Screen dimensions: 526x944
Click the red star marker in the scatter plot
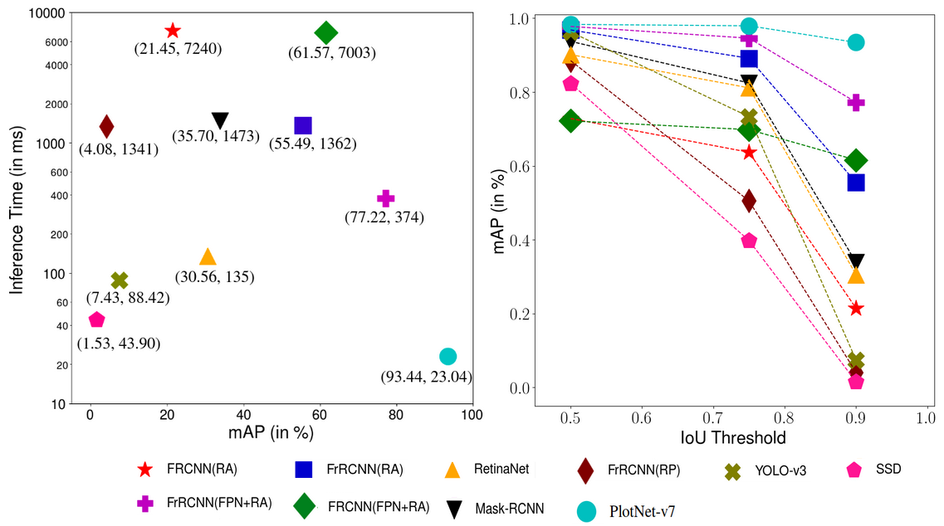(172, 31)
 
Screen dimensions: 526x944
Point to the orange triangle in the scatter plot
(208, 257)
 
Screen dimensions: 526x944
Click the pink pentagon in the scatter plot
(96, 319)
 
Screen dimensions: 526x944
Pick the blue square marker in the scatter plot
(303, 125)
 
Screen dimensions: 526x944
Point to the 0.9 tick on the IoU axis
(855, 418)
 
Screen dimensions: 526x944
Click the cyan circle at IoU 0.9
(856, 42)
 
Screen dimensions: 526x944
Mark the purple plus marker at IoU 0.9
(856, 103)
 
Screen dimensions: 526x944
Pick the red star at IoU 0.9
(856, 309)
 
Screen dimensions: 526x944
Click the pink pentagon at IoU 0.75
(749, 241)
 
